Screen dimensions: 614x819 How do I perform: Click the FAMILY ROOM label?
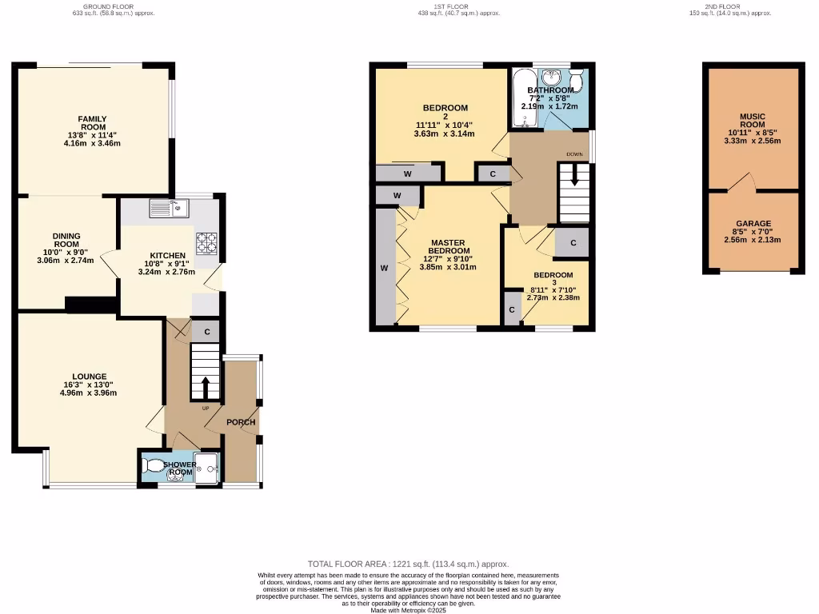coord(92,123)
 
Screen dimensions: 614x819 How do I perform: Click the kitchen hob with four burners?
coord(208,240)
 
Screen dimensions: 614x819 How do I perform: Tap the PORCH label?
coord(241,422)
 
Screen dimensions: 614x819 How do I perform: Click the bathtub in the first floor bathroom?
coord(524,99)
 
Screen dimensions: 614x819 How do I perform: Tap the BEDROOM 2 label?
coord(445,113)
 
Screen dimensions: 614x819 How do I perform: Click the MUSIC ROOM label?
coord(752,121)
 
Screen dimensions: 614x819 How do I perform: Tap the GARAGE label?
coord(753,224)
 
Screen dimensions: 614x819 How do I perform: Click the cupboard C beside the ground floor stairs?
coord(206,332)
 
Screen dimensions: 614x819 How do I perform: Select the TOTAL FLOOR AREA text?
coord(408,564)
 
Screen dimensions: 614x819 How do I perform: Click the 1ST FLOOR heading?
coord(450,6)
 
